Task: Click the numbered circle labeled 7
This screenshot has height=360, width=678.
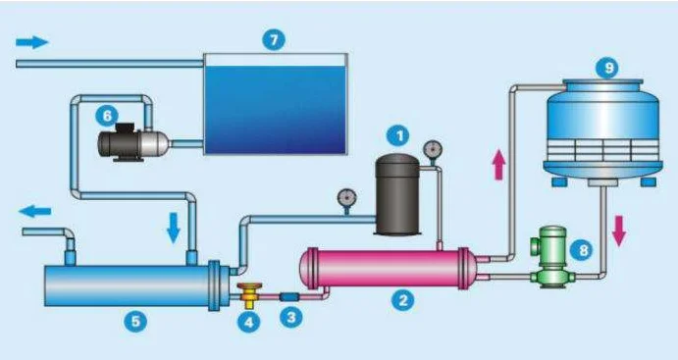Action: [x=274, y=40]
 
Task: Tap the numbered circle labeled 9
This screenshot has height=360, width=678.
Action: [x=607, y=69]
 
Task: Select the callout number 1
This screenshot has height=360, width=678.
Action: [x=398, y=136]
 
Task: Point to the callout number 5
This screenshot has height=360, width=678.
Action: [x=135, y=322]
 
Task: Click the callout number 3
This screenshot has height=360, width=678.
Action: [x=291, y=318]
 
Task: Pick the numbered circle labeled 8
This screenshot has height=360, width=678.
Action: [x=582, y=250]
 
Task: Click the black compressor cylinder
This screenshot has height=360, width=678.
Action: [x=397, y=195]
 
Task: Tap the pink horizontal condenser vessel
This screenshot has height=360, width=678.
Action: [x=389, y=268]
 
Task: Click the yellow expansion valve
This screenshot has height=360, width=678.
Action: [x=249, y=294]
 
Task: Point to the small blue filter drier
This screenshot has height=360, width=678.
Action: [x=289, y=297]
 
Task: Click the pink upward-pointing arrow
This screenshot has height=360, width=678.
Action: [x=499, y=165]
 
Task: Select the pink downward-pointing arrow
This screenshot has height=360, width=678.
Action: [x=619, y=231]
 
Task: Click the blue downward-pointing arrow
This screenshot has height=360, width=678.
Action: [x=174, y=228]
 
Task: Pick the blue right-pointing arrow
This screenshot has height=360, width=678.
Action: [x=32, y=42]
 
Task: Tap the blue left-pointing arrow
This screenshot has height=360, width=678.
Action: [x=35, y=211]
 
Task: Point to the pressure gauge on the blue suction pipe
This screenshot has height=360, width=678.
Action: [x=346, y=200]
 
